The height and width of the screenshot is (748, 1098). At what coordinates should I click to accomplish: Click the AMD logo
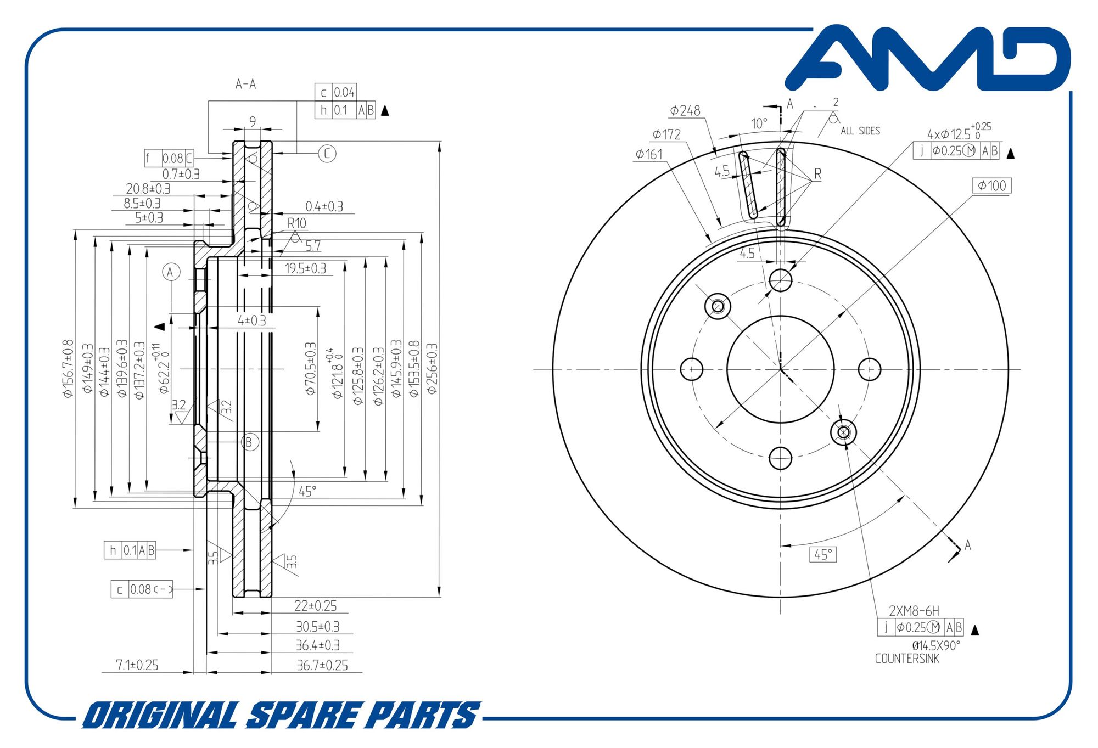(928, 58)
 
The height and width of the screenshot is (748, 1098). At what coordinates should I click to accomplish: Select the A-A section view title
(245, 84)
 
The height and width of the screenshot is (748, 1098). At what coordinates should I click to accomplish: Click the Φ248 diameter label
(685, 111)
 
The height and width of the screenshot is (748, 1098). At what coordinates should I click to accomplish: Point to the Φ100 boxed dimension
(991, 185)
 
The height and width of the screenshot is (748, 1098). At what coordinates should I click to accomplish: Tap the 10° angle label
(759, 123)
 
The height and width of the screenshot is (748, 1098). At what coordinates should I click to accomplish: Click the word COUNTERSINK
(907, 659)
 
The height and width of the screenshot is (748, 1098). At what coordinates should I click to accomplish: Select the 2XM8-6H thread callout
(914, 611)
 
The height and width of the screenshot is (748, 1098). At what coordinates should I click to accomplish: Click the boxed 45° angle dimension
(823, 555)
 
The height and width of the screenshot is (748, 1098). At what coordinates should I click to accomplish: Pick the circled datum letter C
(327, 154)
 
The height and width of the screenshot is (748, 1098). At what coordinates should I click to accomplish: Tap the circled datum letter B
(250, 442)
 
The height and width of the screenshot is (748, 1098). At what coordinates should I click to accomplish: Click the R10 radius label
(297, 223)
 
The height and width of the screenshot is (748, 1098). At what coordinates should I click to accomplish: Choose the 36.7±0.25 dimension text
(322, 665)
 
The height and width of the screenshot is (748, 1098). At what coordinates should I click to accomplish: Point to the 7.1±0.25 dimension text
(137, 665)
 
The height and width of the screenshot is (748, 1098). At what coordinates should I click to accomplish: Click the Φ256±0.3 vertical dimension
(432, 369)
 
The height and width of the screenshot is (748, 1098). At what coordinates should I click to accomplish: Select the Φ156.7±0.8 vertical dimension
(68, 368)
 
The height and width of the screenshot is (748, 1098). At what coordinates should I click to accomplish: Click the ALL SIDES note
(860, 131)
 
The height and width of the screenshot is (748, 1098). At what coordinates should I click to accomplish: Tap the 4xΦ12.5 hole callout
(959, 132)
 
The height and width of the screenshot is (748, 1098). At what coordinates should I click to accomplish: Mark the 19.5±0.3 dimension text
(305, 268)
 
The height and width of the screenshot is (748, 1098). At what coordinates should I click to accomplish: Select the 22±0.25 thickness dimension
(316, 606)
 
